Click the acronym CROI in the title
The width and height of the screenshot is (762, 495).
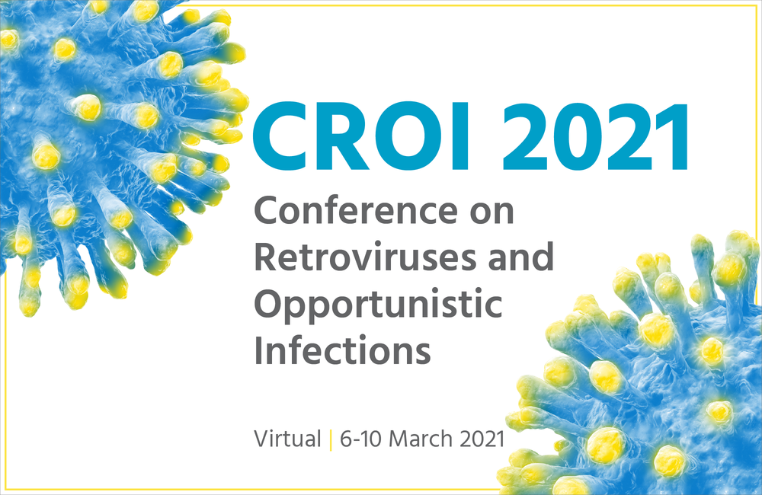click(x=361, y=136)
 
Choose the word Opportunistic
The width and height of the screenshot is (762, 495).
click(x=378, y=305)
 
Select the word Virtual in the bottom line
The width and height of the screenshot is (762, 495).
click(x=288, y=439)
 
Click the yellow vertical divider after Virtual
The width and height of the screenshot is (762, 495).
click(x=331, y=439)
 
